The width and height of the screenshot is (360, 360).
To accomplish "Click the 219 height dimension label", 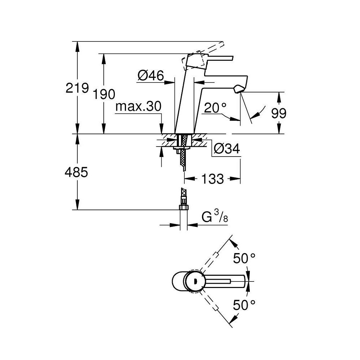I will click(77, 88).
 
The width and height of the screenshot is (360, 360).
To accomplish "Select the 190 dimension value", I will click(104, 94).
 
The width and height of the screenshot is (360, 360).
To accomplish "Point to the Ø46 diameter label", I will click(150, 76).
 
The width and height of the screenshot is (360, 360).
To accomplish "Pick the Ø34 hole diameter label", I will click(226, 149).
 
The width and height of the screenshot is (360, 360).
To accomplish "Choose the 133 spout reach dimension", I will click(212, 179).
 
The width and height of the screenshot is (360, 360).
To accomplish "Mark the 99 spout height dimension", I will click(279, 113).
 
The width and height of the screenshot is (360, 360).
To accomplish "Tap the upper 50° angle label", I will click(244, 258).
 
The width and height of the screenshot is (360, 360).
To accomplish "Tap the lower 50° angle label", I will click(244, 306).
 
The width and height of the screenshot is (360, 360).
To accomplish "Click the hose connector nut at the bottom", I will click(184, 207).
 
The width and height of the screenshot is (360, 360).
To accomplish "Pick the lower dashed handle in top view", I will click(212, 305).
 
